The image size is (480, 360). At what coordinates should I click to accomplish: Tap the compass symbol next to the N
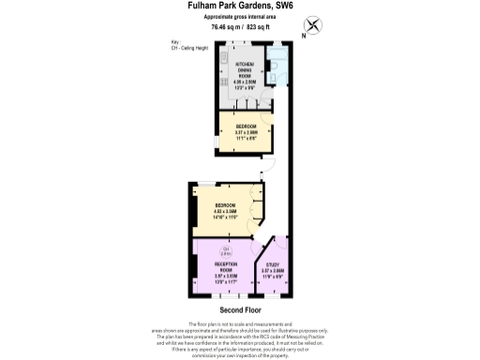click(313, 25)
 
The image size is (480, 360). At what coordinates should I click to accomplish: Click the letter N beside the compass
click(303, 36)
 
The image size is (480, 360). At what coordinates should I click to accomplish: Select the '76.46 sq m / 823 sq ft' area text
click(239, 27)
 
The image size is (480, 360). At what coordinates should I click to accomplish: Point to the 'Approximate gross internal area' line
click(240, 17)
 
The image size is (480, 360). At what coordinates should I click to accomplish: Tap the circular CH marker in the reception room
click(226, 250)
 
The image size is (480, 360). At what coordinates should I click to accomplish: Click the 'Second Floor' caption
click(240, 309)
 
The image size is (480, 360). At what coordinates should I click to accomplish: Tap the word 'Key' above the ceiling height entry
click(174, 42)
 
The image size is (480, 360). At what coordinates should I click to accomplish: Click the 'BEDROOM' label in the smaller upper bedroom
click(246, 126)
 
